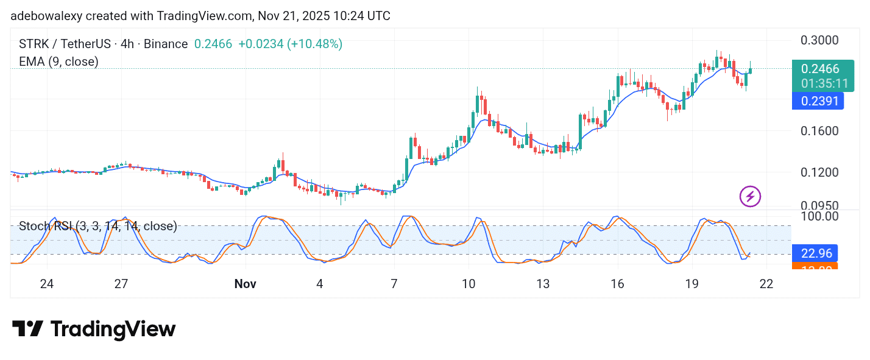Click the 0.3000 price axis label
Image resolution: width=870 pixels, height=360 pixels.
tap(820, 40)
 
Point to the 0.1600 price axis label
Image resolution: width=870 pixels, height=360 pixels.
tap(820, 130)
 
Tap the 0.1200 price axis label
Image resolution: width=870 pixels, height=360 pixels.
tap(820, 172)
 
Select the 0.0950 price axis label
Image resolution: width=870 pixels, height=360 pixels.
tap(820, 205)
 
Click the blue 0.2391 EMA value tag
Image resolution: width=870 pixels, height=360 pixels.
tap(818, 101)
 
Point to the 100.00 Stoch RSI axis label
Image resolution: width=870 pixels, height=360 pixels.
tap(820, 216)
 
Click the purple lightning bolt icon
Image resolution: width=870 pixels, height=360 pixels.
tap(750, 196)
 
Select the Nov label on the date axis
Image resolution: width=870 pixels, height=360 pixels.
tap(246, 284)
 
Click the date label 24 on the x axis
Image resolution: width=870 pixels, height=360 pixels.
tap(47, 284)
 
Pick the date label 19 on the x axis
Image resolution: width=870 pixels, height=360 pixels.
tap(691, 284)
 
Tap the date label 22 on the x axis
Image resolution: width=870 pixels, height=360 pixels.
tap(766, 284)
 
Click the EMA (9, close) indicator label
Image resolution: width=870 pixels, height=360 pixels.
tap(58, 62)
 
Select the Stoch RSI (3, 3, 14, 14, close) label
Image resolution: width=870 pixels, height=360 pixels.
tap(98, 227)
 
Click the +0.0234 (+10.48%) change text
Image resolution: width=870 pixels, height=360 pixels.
tap(290, 44)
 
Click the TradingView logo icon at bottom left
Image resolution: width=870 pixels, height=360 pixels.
tap(27, 330)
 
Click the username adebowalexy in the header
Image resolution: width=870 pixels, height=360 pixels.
tap(46, 16)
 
